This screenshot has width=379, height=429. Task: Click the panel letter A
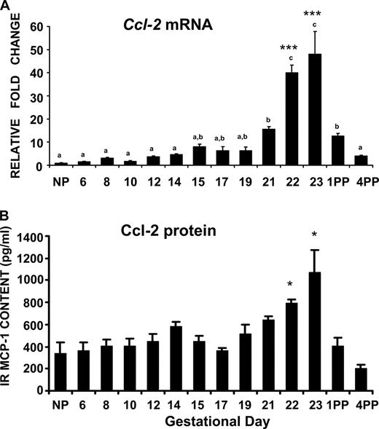(x=6, y=7)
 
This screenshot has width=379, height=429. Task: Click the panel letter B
(x=6, y=218)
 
